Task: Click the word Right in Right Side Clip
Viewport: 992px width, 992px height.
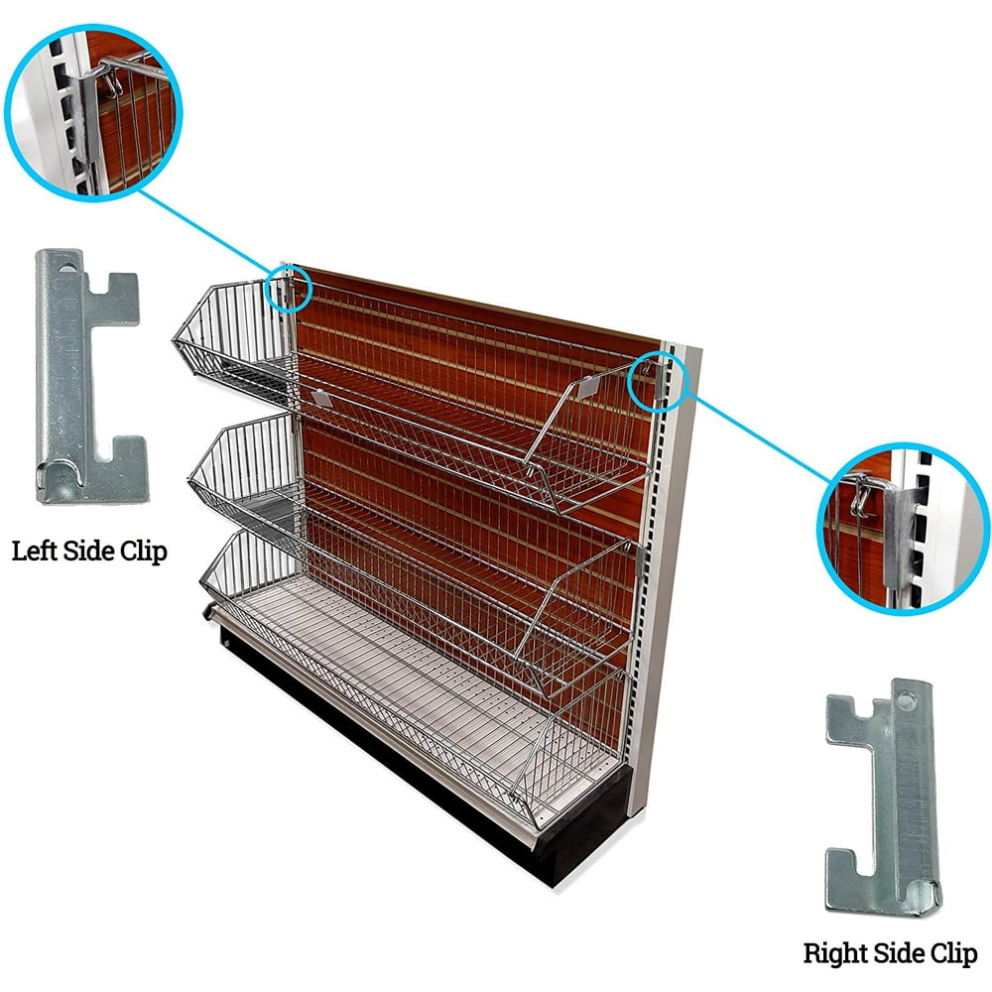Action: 833,954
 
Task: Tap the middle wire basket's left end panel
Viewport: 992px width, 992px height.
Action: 243,466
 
